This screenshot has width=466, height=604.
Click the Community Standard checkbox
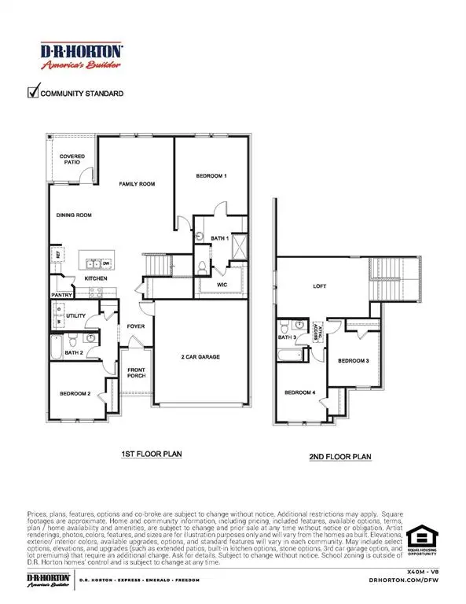[x=34, y=93]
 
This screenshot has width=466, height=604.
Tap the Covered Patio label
[x=73, y=160]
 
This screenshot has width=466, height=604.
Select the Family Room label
[x=138, y=184]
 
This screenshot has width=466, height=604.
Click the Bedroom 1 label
[x=211, y=176]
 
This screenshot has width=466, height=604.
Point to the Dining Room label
[x=75, y=215]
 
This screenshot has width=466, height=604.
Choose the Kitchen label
[x=96, y=278]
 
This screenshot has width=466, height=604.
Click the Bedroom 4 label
[x=299, y=392]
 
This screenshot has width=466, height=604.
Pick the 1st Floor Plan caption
[x=151, y=455]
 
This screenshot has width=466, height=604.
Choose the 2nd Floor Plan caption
[x=339, y=456]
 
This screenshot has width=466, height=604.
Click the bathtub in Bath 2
[x=56, y=346]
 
